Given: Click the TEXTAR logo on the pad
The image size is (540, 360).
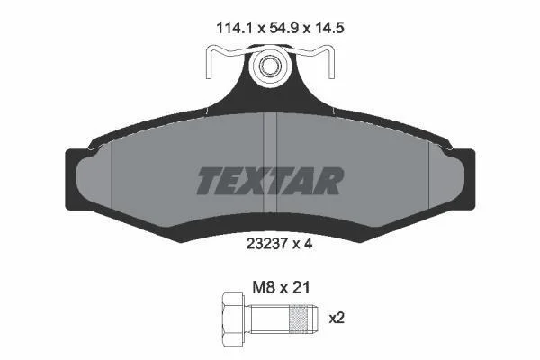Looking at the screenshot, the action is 270,181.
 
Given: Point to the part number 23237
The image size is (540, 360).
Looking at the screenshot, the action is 267,244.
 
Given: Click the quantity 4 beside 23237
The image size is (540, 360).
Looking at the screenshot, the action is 308,244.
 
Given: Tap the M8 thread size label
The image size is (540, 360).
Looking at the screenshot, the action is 264,288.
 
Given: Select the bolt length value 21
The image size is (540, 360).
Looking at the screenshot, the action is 301,288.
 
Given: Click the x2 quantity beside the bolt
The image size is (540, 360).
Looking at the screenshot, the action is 337,318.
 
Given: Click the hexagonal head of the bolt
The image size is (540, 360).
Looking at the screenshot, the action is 233,319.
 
